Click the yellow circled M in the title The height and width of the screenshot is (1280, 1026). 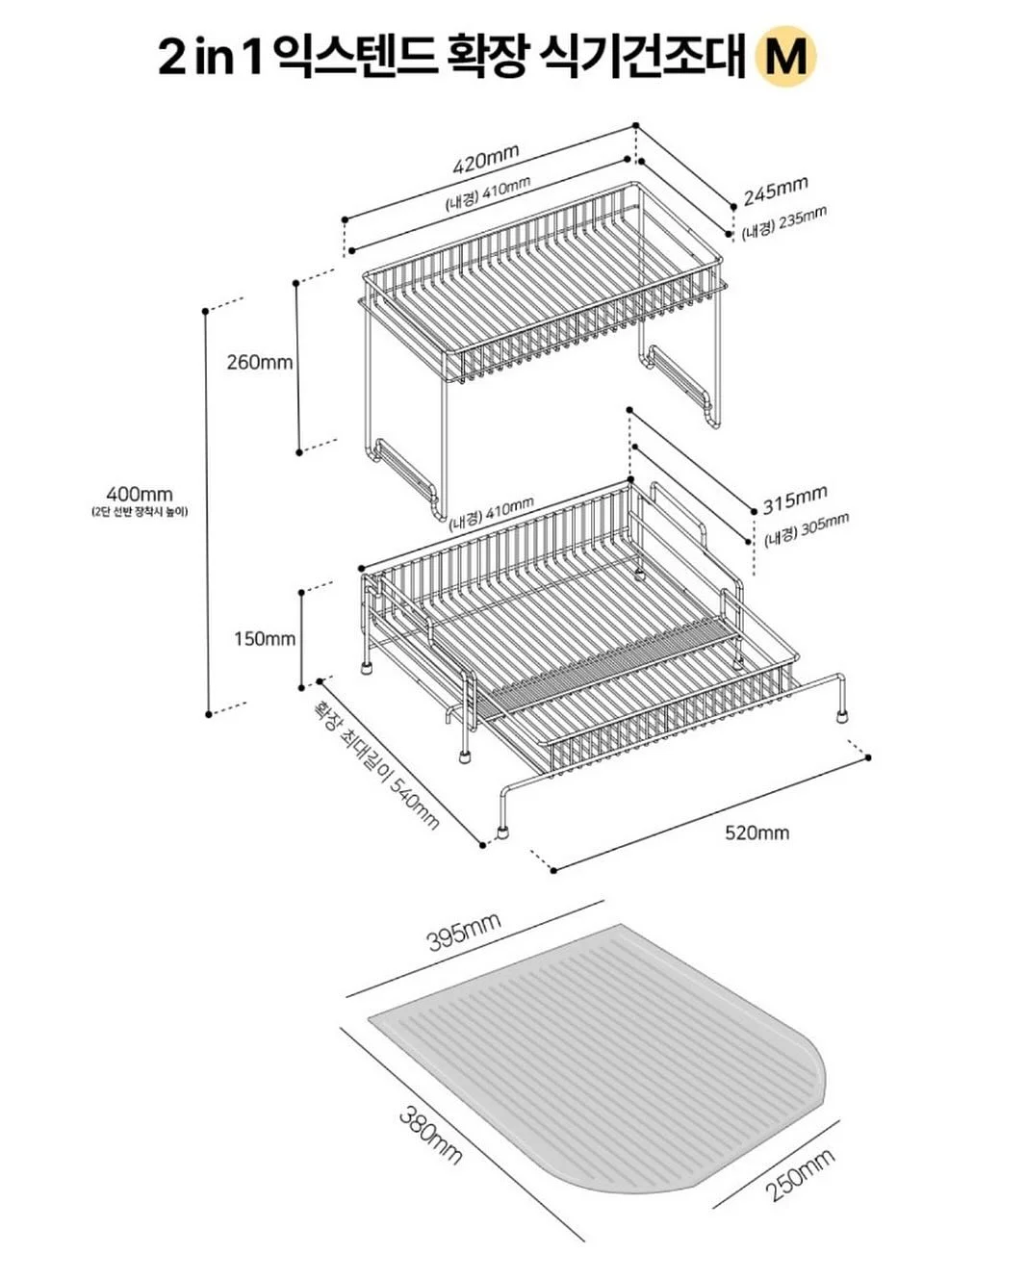785,56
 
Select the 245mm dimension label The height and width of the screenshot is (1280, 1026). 776,190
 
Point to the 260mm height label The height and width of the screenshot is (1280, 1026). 259,362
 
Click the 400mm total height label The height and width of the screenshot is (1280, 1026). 140,494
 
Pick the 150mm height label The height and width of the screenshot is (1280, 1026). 264,639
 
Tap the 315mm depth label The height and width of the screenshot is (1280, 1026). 795,499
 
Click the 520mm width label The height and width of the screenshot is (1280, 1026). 757,832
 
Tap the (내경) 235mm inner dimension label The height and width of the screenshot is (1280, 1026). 783,223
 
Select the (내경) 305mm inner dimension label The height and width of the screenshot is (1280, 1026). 807,529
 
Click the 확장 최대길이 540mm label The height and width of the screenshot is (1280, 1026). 377,764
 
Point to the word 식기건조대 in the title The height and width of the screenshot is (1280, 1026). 641,56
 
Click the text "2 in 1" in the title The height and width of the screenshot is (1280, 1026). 211,57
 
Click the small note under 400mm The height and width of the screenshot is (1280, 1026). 140,512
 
